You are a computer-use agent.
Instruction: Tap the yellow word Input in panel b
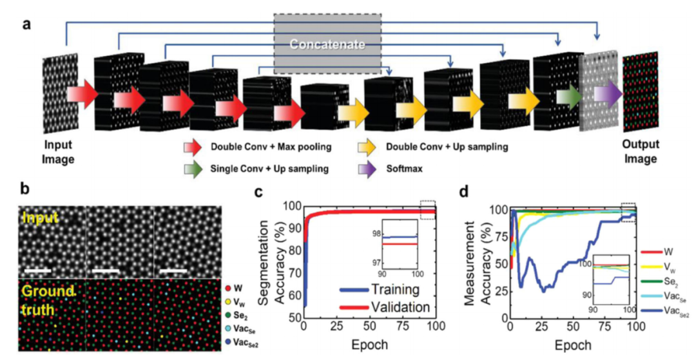(41, 220)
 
